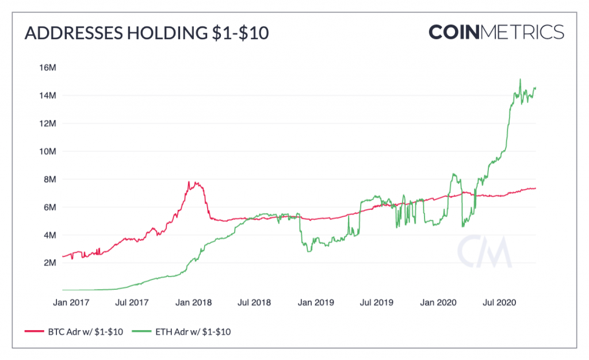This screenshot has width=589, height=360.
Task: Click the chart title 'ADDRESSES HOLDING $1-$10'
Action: (147, 33)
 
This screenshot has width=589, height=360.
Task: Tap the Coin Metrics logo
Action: (496, 32)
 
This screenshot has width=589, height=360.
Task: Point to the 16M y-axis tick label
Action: (48, 67)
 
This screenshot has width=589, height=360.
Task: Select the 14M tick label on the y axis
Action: (48, 95)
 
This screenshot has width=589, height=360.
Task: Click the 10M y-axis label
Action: (48, 151)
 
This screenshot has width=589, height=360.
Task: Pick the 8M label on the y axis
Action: (50, 179)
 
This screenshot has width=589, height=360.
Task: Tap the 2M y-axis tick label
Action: (50, 263)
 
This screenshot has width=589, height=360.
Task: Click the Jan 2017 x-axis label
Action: (71, 302)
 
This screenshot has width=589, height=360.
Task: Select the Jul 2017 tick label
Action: (132, 302)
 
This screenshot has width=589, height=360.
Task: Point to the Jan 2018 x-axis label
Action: (193, 302)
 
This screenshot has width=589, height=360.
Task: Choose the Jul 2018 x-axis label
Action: (254, 302)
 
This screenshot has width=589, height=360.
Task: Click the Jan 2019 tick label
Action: (316, 302)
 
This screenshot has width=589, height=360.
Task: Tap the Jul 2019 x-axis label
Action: (377, 302)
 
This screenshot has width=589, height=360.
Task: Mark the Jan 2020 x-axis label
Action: (438, 302)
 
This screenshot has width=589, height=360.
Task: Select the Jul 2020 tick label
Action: (499, 302)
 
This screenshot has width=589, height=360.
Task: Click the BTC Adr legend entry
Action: (74, 332)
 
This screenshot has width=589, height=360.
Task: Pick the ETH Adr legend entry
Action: (181, 332)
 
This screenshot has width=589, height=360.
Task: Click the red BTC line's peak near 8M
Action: (189, 182)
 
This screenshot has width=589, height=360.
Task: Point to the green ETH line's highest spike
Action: (520, 79)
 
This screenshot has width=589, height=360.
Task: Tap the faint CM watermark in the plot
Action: (484, 251)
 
